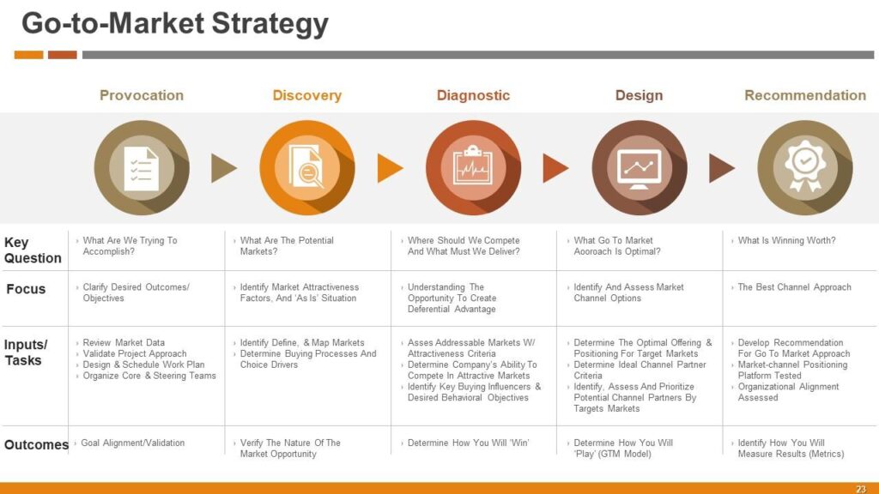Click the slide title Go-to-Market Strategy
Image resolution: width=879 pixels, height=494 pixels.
point(175,25)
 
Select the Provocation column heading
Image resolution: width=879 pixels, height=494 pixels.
point(142,95)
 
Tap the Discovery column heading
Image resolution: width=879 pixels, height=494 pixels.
point(307,96)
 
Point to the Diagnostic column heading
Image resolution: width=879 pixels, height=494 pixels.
point(473,95)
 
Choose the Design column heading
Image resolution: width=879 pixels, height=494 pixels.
point(639,96)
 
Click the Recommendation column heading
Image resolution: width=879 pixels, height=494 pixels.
point(805,95)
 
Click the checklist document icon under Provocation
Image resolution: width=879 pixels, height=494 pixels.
point(142,168)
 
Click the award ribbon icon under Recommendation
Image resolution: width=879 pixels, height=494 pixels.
point(805,166)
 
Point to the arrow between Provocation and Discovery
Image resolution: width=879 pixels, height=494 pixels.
point(224,168)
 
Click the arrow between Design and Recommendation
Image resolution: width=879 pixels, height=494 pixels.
point(722,168)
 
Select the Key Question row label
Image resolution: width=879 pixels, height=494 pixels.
point(33,250)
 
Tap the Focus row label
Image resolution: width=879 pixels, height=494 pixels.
point(26,289)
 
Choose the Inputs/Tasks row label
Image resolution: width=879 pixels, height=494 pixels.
point(26,352)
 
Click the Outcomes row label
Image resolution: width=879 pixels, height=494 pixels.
point(36,445)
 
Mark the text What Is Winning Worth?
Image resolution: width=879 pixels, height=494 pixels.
point(786,240)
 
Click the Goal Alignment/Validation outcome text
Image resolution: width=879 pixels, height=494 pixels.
point(133,443)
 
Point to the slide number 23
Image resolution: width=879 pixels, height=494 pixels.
point(860,489)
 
